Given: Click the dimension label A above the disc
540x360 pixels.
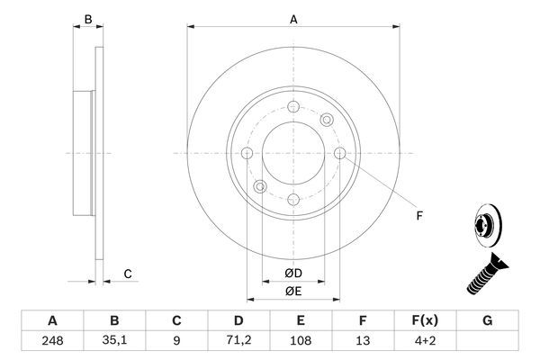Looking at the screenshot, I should (x=292, y=18).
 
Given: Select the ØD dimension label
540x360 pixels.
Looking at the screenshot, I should (x=293, y=273).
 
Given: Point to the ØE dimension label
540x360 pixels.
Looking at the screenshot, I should (x=293, y=291).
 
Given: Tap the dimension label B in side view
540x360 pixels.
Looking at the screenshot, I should (x=87, y=19).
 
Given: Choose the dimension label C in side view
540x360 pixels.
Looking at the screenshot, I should (x=128, y=274).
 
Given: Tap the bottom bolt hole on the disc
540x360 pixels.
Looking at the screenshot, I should (x=292, y=200).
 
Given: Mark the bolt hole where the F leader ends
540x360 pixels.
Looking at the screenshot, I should (x=339, y=154).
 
